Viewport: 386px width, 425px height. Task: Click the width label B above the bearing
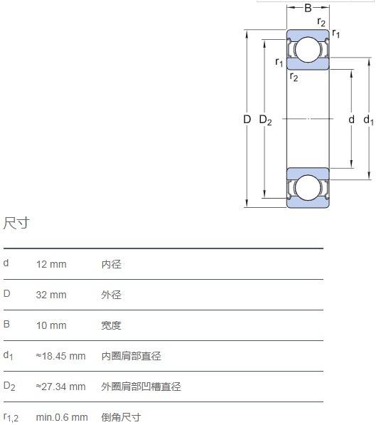308,8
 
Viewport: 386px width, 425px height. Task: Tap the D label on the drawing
247,120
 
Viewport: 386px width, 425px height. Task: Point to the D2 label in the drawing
265,120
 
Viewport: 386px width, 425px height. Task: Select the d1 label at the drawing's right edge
368,120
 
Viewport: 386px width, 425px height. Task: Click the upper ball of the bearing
308,50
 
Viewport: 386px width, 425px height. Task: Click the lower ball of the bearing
308,187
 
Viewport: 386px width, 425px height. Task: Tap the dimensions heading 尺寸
16,223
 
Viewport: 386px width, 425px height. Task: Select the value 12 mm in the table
51,264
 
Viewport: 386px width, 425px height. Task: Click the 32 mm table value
51,295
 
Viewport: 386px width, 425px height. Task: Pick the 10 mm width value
51,325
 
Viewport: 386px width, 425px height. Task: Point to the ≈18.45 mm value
60,356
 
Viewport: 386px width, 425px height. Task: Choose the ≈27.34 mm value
60,387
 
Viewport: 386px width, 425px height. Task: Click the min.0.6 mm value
62,417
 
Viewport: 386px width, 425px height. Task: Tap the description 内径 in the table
112,264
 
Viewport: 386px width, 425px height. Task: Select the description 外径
112,295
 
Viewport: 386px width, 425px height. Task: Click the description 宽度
112,325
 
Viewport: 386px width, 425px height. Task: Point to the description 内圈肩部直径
132,356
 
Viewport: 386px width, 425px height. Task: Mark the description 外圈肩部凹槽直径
141,387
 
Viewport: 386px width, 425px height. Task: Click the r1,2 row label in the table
11,418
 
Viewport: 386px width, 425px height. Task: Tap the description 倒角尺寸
122,417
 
